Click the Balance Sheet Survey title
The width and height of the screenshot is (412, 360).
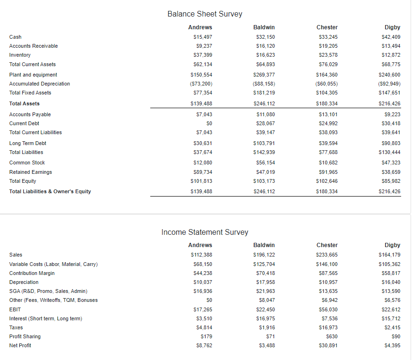point(205,14)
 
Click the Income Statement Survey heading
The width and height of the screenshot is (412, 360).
point(205,232)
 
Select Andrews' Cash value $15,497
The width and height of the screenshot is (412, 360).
point(203,37)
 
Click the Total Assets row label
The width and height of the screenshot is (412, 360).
point(25,103)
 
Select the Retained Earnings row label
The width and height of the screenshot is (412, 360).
point(31,172)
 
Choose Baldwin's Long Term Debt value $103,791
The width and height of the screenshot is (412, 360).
point(264,143)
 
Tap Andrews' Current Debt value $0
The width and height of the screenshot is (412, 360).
point(209,123)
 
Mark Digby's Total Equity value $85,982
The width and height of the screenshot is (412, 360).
point(391,181)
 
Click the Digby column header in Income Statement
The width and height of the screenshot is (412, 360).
point(392,245)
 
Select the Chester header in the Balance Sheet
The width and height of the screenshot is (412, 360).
point(327,27)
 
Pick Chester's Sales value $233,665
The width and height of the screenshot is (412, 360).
point(327,255)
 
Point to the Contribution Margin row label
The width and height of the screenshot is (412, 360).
point(32,273)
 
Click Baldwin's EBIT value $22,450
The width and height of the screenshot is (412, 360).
point(266,309)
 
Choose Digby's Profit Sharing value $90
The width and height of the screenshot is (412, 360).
point(396,336)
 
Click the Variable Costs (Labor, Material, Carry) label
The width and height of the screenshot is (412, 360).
point(53,264)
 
